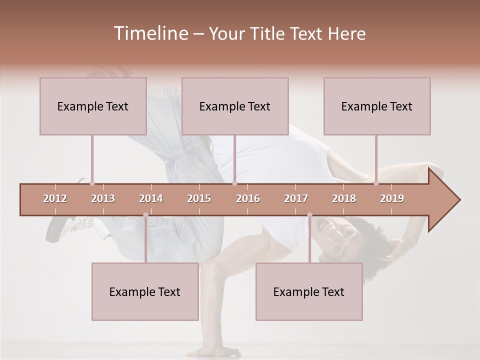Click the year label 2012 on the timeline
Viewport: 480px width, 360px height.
click(x=55, y=198)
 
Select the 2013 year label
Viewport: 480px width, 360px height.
click(x=103, y=198)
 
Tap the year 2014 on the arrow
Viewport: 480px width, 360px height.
click(x=151, y=198)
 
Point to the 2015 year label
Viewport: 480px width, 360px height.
click(x=199, y=198)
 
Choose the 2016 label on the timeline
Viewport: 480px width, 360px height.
click(x=248, y=198)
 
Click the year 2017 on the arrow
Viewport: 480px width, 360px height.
click(x=296, y=198)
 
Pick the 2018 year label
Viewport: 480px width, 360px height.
click(x=344, y=198)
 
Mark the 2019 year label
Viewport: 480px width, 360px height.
click(x=392, y=198)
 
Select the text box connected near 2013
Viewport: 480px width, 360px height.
click(x=93, y=106)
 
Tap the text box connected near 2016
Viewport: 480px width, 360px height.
click(x=235, y=106)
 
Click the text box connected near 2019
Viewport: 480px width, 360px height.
click(x=377, y=106)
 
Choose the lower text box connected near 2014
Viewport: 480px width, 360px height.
click(x=145, y=291)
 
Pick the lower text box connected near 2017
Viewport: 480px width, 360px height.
click(x=309, y=291)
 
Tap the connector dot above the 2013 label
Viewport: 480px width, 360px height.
click(x=92, y=183)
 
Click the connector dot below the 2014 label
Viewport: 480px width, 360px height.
click(x=145, y=215)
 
